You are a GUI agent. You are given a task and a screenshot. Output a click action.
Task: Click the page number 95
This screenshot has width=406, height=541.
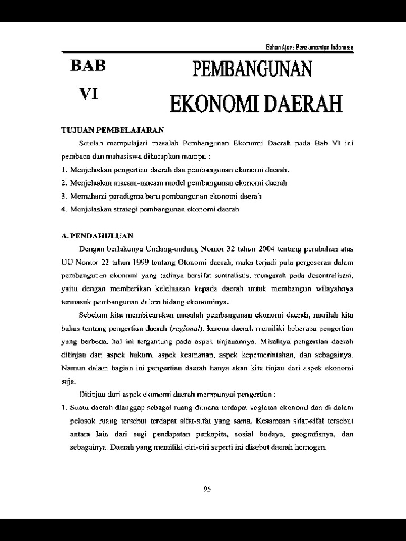[207, 489]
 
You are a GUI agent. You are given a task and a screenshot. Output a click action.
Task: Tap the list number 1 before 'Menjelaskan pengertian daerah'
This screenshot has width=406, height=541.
[63, 170]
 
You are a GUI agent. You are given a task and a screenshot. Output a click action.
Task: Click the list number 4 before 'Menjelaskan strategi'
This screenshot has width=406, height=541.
[63, 209]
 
